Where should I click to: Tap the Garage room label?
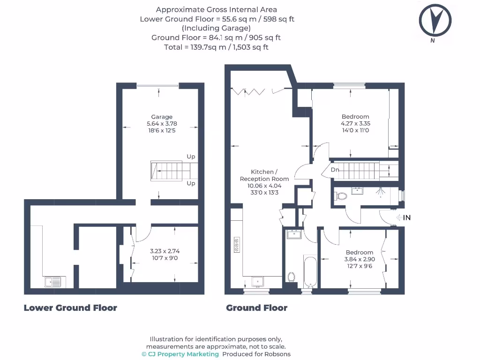coord(162,117)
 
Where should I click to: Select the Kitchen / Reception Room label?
coord(264,175)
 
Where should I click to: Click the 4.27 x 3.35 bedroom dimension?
coord(355,124)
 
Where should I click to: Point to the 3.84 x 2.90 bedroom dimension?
coord(360,259)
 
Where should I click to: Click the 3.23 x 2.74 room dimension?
coord(162,251)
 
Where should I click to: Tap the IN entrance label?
coord(406,217)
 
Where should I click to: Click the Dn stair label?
coord(335,170)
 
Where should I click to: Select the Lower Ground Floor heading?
coord(70,308)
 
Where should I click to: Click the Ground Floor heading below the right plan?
coord(256,308)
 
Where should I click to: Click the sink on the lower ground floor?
coord(52,282)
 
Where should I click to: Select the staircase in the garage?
coord(166,171)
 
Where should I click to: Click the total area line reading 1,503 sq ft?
coord(216,47)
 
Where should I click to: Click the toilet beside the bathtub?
coord(292,277)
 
